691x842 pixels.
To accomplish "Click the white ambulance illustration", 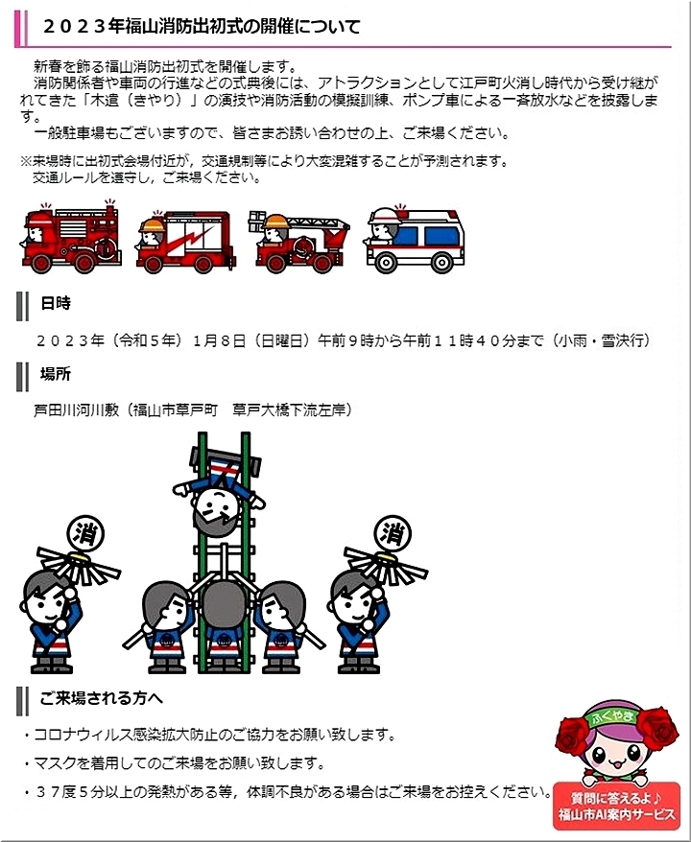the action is (415, 240).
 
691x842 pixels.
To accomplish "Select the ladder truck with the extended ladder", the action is (298, 242).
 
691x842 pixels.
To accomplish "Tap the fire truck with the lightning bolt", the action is (185, 242).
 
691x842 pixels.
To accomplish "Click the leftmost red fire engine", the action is (71, 238).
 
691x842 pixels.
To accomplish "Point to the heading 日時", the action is (56, 303).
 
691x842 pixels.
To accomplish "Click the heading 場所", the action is (56, 374).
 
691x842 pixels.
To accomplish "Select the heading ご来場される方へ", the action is (101, 698).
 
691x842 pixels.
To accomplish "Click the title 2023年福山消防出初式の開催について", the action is (202, 26).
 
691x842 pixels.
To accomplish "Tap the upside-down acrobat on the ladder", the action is (218, 497).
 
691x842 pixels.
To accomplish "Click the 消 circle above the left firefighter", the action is (85, 534).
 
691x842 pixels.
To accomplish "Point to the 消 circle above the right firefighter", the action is (393, 533).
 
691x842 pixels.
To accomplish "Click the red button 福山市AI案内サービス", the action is (616, 806).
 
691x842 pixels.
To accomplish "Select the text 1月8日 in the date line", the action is (219, 340).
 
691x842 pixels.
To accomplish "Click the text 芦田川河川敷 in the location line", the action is (76, 410).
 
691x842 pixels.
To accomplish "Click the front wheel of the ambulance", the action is (386, 263).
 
